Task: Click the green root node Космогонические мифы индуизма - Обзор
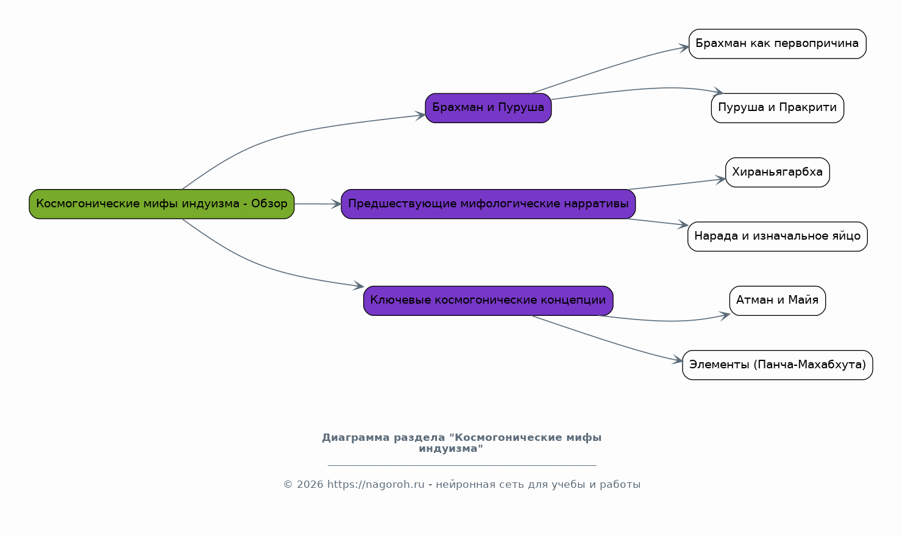point(162,204)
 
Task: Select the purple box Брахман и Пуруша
point(488,108)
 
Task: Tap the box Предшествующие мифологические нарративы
point(488,204)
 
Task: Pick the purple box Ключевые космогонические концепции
point(488,301)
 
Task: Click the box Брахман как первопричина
point(777,44)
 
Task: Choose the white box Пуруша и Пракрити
point(777,108)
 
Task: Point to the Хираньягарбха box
point(777,172)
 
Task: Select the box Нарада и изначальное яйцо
point(777,237)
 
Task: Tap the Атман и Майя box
point(777,301)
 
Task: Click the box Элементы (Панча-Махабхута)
point(777,365)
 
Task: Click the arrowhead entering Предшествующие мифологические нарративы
point(336,204)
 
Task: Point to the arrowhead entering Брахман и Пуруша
point(421,116)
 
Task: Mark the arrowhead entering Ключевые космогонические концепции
point(359,286)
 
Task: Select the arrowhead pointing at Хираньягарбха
point(721,180)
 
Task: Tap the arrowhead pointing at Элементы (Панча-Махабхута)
point(678,360)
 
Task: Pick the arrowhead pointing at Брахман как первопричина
point(684,48)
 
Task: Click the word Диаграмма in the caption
point(355,438)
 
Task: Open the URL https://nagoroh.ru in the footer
point(375,484)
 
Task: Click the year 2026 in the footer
point(310,484)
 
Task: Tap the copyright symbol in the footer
point(288,484)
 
